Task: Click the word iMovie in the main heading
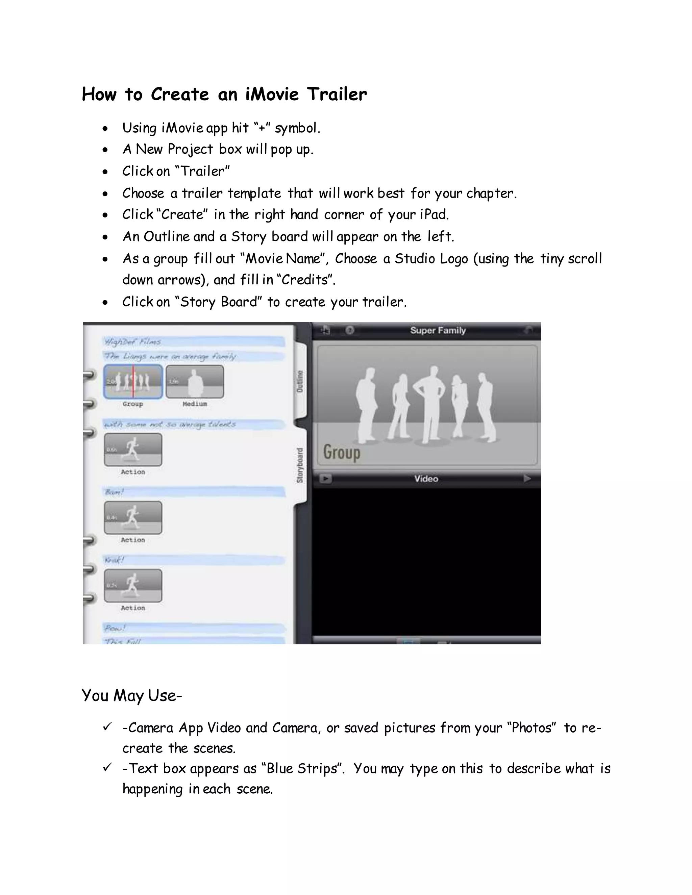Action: click(272, 94)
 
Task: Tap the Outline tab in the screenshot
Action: click(300, 381)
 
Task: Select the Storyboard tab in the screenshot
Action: click(300, 465)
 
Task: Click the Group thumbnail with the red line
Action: click(133, 382)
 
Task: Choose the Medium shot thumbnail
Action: click(195, 382)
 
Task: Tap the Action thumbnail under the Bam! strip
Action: click(133, 517)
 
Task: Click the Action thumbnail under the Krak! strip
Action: click(133, 586)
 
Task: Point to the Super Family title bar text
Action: click(438, 330)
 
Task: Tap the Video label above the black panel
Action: click(426, 479)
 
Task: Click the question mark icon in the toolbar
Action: click(350, 330)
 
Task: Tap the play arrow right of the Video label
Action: click(527, 479)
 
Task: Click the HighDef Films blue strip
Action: click(193, 341)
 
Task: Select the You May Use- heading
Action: click(131, 695)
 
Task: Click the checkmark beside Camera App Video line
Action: click(107, 726)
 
